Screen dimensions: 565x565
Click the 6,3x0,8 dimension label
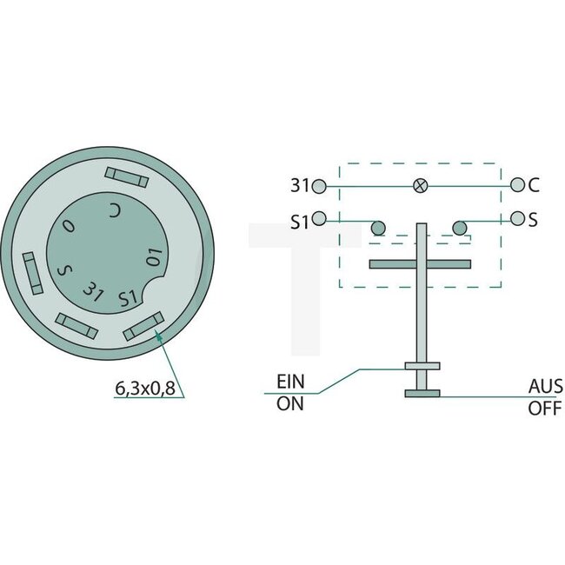click(x=145, y=389)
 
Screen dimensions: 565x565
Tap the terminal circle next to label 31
click(x=319, y=186)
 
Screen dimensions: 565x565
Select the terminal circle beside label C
click(x=518, y=184)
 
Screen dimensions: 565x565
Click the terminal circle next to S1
click(x=319, y=219)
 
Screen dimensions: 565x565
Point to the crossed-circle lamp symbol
click(x=420, y=185)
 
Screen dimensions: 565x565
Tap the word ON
click(x=289, y=403)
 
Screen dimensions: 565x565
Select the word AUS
click(x=546, y=386)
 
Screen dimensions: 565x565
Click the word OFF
click(x=546, y=408)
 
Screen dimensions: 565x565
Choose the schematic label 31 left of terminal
click(x=300, y=186)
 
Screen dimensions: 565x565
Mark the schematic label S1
click(x=299, y=222)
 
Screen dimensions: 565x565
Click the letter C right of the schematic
click(x=534, y=185)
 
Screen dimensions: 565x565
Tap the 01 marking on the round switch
click(x=155, y=256)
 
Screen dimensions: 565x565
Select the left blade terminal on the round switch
click(x=30, y=275)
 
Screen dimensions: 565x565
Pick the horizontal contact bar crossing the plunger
click(x=420, y=263)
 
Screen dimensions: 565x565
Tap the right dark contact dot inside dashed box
click(x=460, y=229)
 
